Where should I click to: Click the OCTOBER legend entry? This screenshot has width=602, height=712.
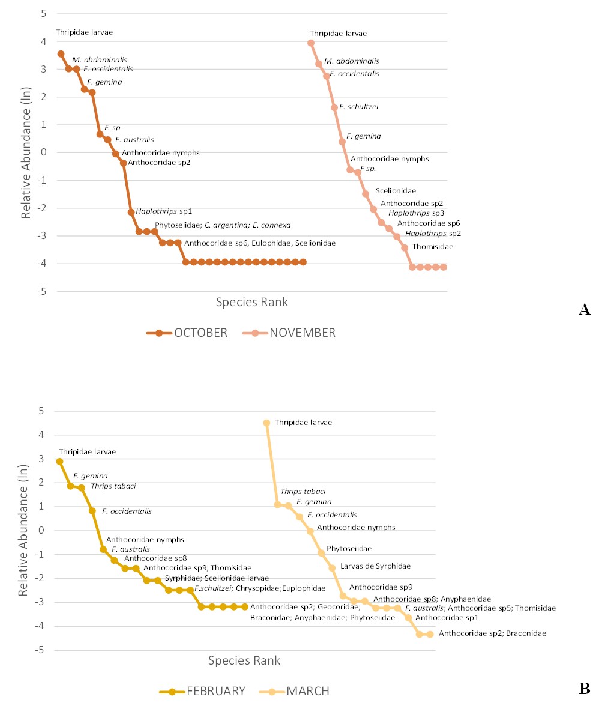(187, 333)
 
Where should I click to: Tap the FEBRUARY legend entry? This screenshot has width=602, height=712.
(203, 691)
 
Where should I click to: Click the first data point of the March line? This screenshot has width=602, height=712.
(266, 423)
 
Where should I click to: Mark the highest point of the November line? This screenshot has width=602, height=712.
(310, 43)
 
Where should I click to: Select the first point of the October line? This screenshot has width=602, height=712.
(61, 54)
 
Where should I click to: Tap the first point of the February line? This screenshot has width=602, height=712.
(59, 462)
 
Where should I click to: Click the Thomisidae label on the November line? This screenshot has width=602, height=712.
(432, 247)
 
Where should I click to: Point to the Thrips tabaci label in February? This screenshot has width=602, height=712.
(113, 486)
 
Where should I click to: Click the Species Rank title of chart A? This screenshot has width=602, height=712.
(252, 303)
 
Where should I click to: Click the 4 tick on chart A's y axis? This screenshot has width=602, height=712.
(44, 41)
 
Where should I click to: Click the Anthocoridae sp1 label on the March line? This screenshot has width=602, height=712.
(446, 617)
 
